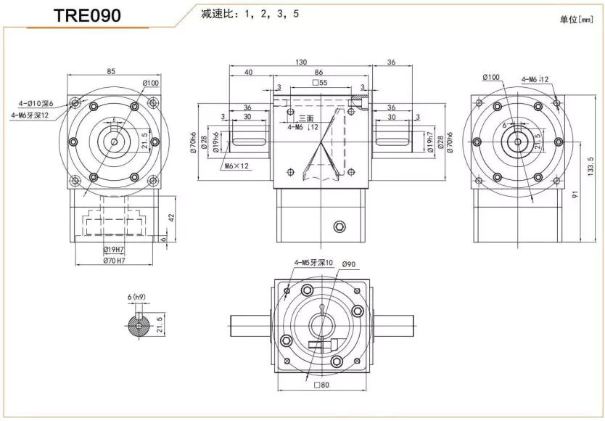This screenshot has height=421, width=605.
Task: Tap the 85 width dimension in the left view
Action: [110, 71]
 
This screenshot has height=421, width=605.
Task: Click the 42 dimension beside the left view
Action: [172, 216]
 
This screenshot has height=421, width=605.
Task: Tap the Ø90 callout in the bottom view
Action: [347, 264]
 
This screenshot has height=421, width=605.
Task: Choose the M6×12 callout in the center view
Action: [236, 165]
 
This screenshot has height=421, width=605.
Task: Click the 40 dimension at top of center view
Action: [248, 72]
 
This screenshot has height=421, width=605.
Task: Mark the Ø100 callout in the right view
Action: [491, 77]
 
